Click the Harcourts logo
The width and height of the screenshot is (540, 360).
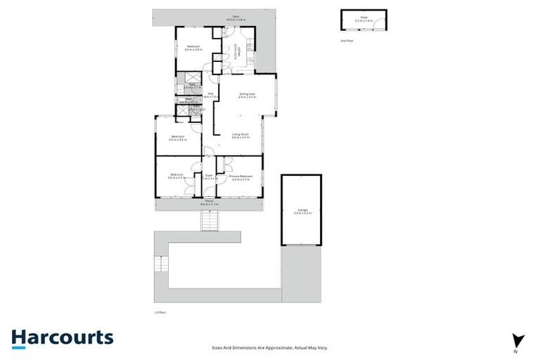pos(62,337)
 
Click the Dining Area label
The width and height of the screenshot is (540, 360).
pos(247,95)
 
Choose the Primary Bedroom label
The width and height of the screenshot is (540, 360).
pos(240,177)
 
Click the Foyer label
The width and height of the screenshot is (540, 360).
pos(209,177)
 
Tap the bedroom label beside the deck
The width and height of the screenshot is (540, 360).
pos(193,48)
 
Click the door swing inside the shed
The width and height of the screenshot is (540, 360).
pos(378,24)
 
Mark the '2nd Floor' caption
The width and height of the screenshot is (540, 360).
pos(347,41)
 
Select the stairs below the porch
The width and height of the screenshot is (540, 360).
pos(210,221)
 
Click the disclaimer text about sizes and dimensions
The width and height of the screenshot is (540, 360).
pos(270,347)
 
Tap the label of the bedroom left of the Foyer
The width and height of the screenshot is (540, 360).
pos(176,176)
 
